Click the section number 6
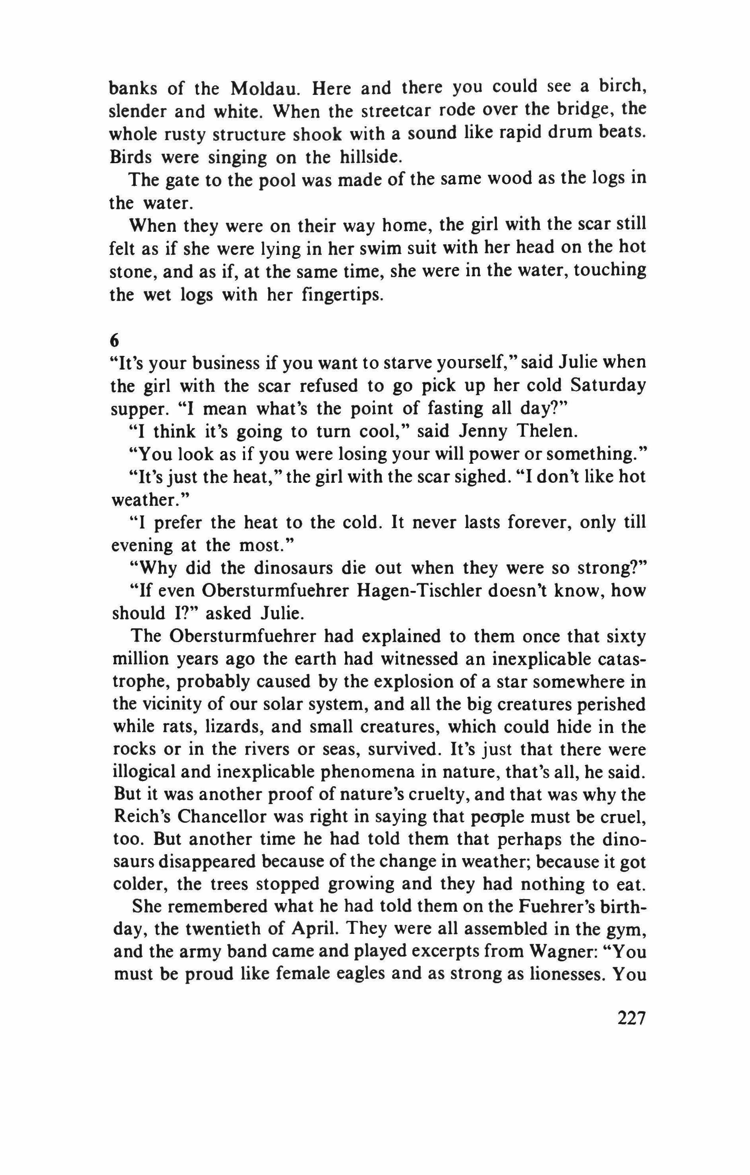click(116, 339)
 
